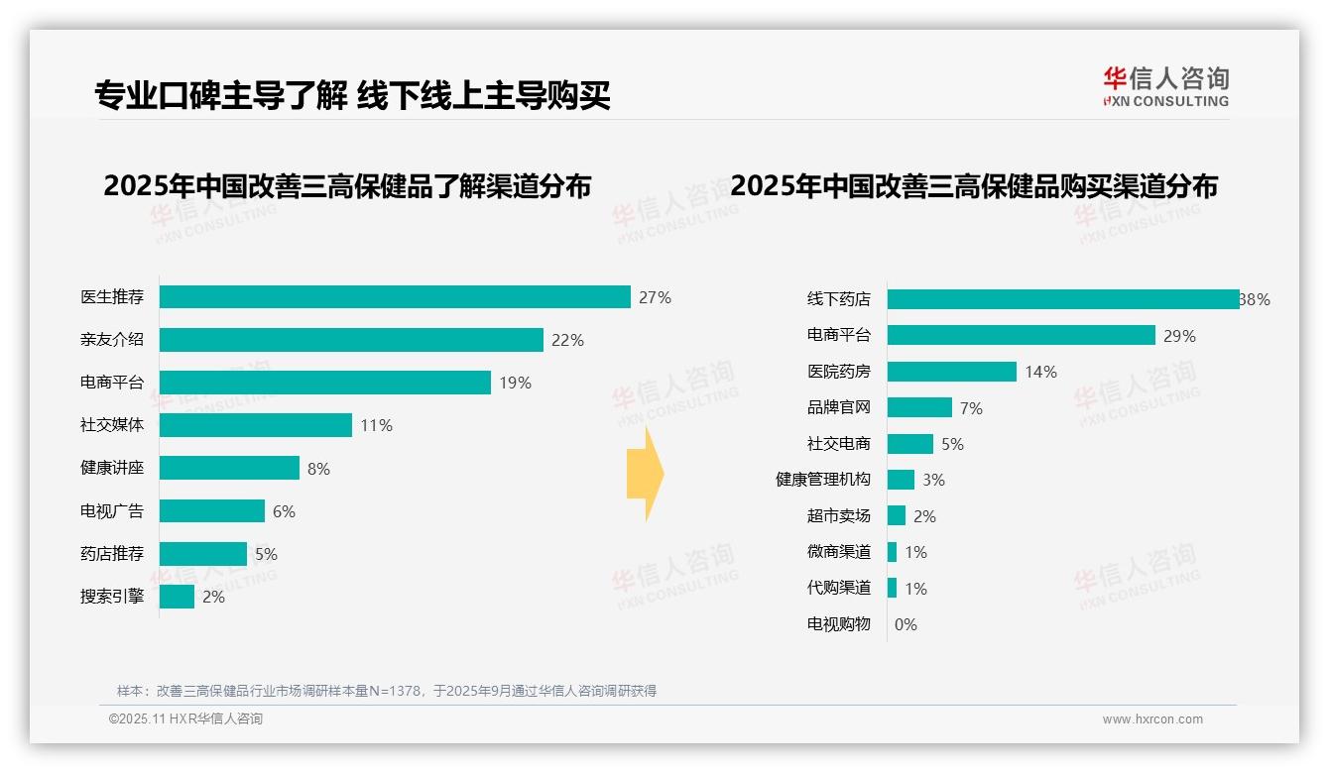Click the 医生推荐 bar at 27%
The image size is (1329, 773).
395,297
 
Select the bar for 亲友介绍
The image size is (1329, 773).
351,340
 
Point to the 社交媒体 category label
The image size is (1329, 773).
112,425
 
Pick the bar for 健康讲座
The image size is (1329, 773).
229,468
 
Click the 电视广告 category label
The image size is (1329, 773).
112,511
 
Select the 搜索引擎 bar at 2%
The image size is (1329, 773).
177,597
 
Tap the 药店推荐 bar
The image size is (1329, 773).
203,554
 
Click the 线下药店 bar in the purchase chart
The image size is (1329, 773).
1063,299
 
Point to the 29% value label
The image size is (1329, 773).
1179,336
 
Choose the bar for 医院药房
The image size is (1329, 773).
952,372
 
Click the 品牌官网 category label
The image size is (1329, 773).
838,407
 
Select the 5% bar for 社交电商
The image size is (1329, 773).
910,444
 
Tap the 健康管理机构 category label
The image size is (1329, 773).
822,480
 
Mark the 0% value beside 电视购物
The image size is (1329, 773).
906,624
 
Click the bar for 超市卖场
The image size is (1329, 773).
897,516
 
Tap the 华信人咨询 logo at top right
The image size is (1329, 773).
1165,86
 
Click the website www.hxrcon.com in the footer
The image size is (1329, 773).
1152,719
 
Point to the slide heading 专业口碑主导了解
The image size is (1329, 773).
220,95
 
